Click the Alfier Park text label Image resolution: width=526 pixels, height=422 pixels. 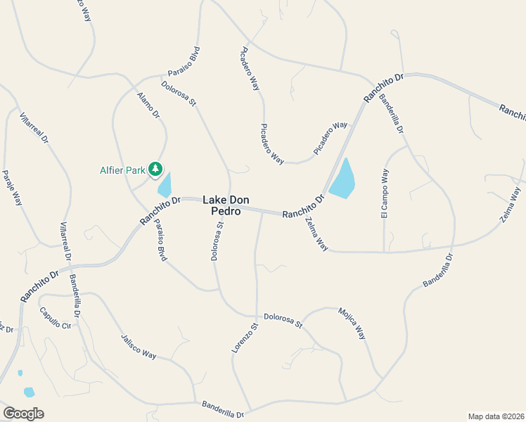coord(122,170)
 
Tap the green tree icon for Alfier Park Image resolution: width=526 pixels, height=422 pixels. coord(155,169)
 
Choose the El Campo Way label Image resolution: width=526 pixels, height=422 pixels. coord(385,193)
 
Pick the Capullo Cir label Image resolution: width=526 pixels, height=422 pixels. coord(56,319)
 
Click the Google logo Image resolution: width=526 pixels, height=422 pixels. coord(23,414)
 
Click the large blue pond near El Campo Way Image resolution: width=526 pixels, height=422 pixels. coord(342,180)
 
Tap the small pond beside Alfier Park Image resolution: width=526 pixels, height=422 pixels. coord(165,185)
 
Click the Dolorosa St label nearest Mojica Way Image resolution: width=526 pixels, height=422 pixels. coord(283,321)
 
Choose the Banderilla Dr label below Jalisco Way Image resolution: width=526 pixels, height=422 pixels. coord(223,409)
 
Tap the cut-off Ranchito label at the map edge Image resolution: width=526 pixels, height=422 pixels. coord(513,111)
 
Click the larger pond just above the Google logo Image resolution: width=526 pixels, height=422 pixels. coord(29,392)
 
